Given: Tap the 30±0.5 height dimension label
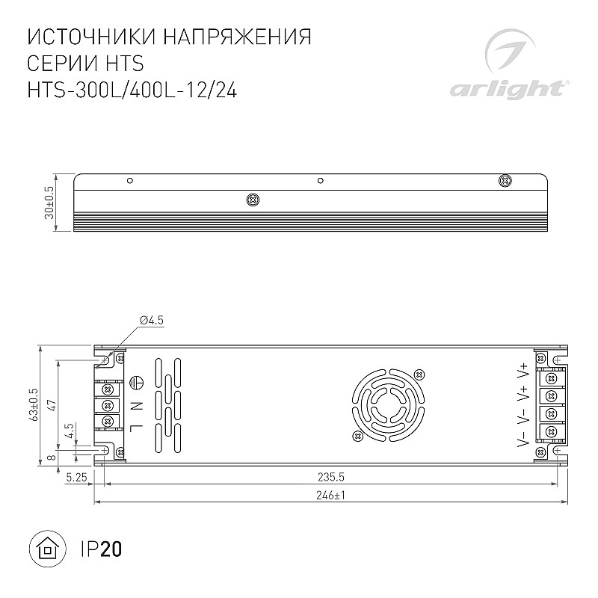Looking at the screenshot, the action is tap(49, 203).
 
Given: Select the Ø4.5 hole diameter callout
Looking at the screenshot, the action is tap(152, 321).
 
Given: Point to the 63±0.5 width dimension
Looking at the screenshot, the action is tap(34, 404).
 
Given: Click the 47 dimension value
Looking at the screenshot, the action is tap(52, 405).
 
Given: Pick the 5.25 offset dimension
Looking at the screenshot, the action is tap(76, 477).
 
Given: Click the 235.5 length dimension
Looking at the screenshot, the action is tap(331, 477).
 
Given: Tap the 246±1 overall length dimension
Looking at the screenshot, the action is tap(330, 495).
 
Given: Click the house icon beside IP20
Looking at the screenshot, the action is tap(48, 549).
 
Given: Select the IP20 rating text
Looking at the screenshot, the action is tap(102, 549).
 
